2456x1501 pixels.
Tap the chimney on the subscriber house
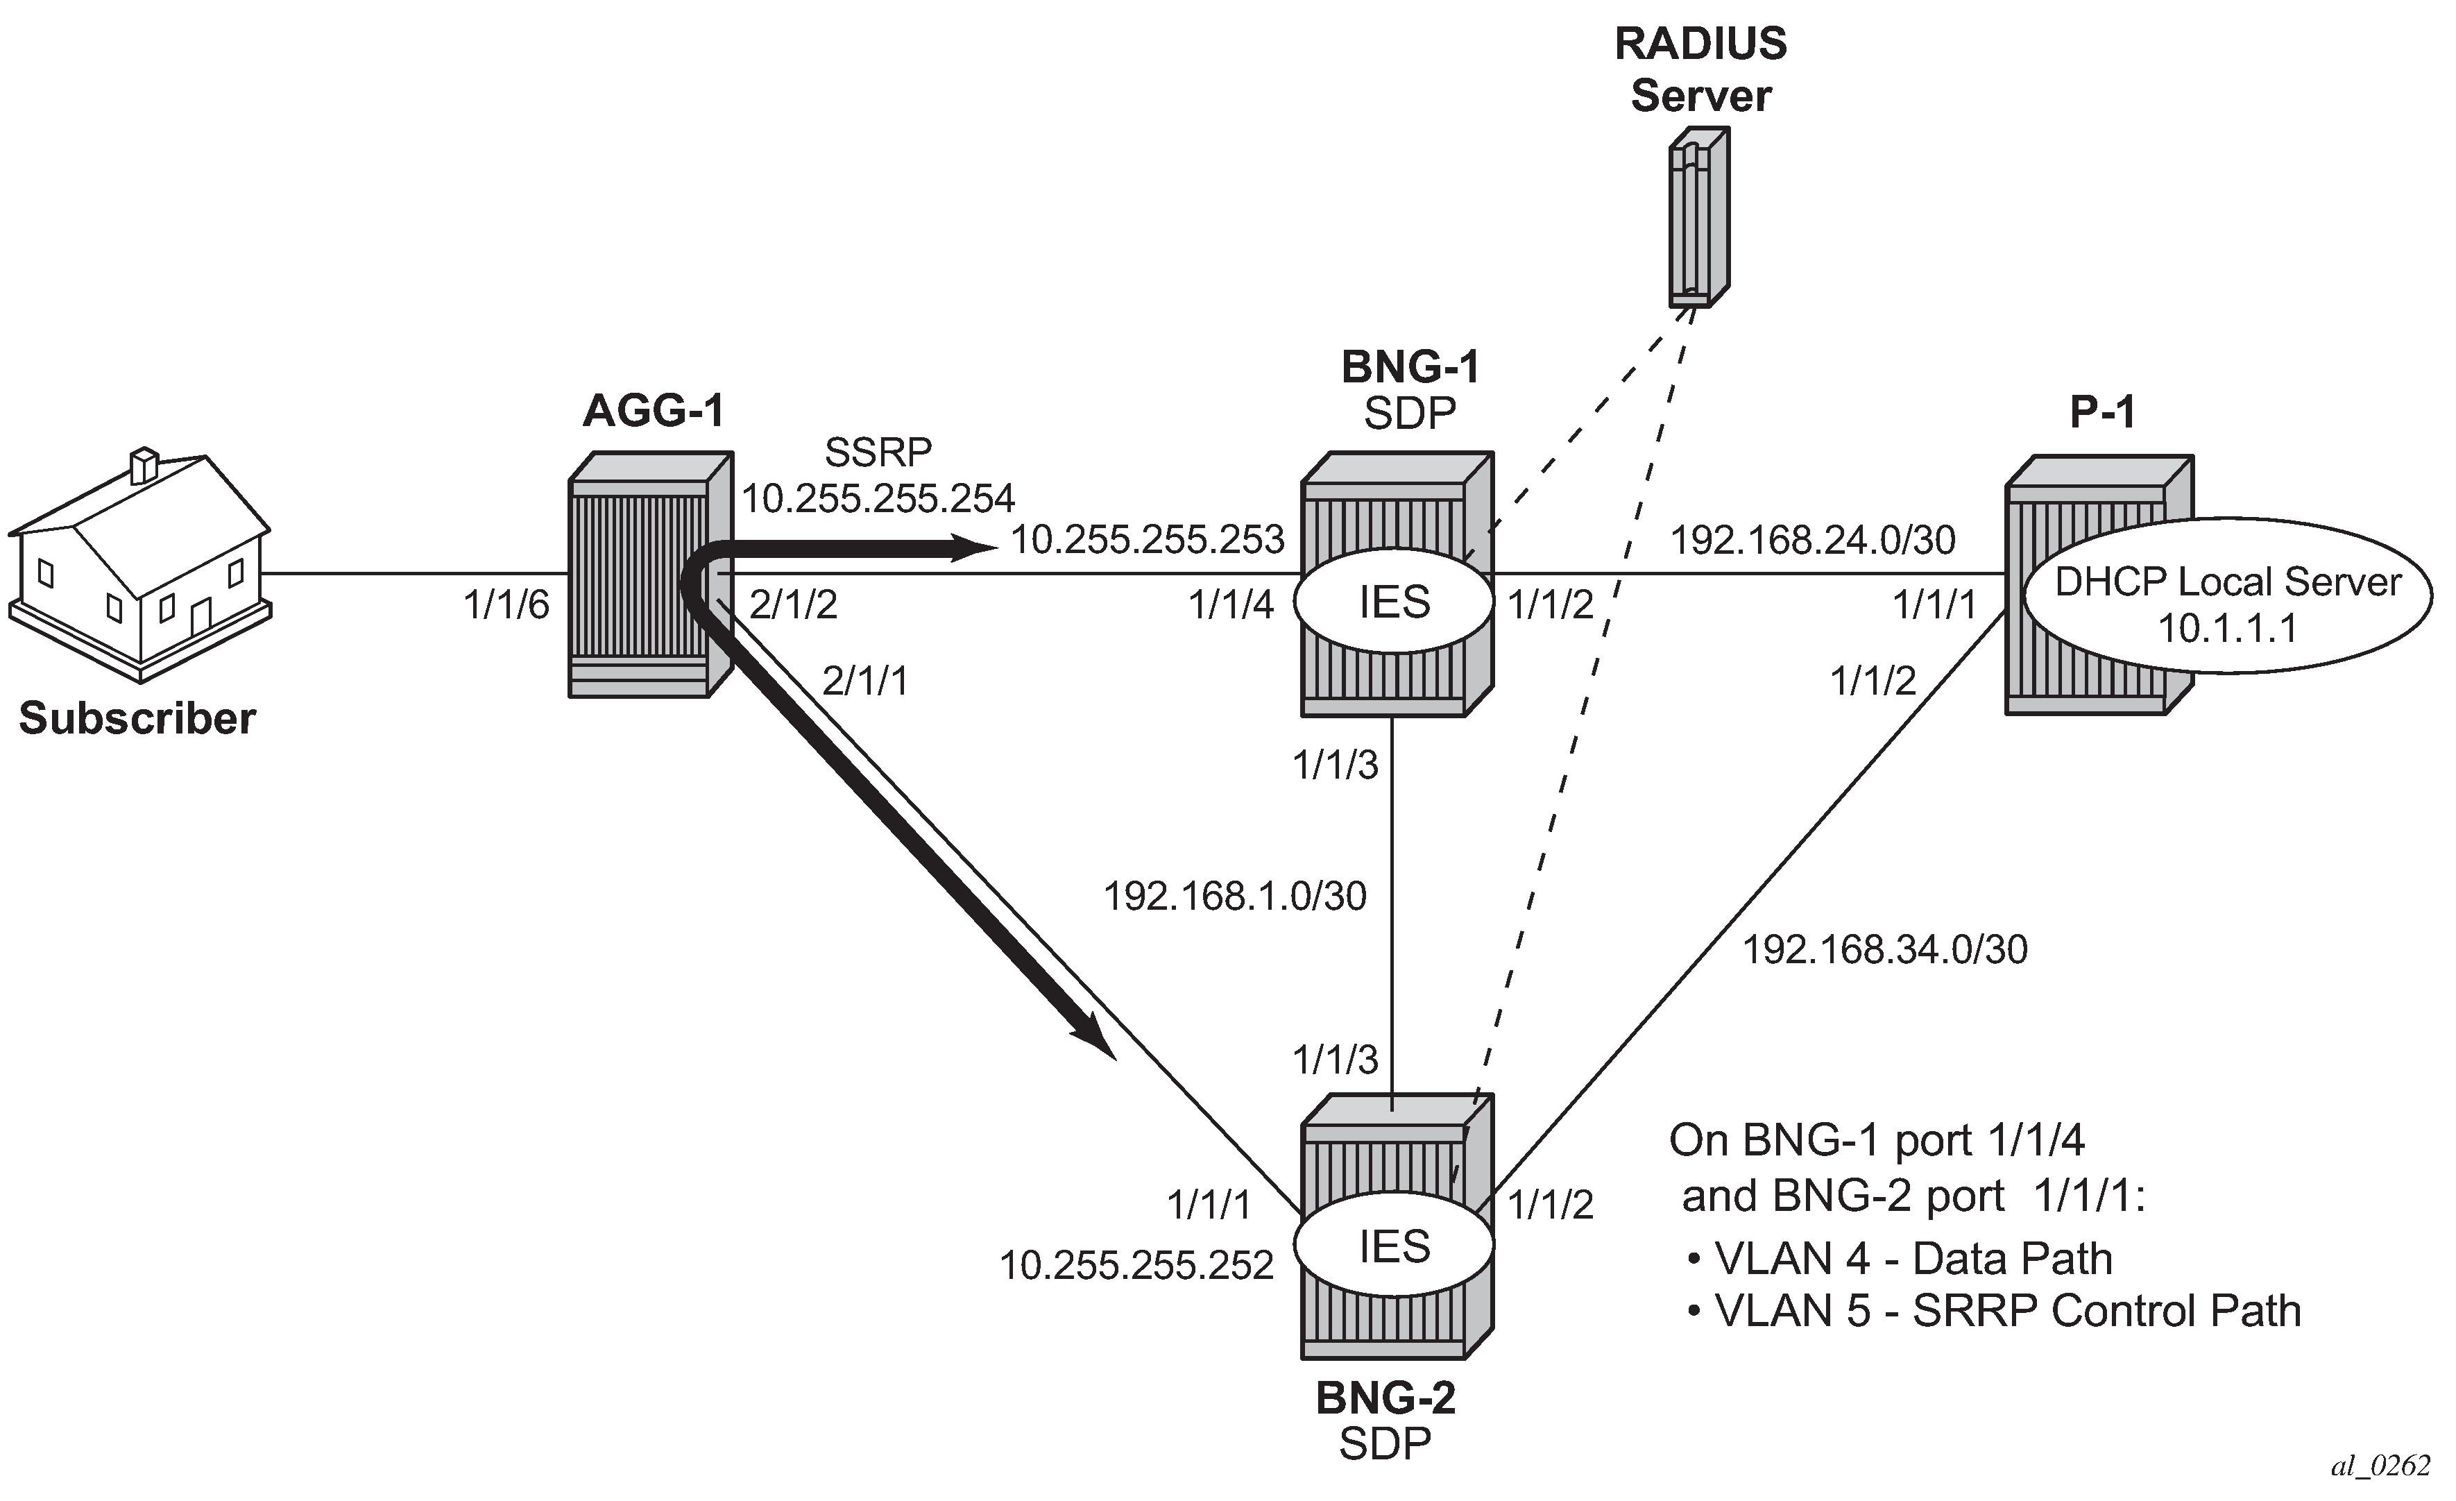[144, 466]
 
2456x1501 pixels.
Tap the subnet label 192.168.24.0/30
[1812, 540]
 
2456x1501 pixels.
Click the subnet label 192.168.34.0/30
[1884, 950]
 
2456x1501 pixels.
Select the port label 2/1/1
[864, 681]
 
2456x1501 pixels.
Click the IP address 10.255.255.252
[1136, 1266]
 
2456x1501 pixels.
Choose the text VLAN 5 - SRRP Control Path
[2006, 1312]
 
